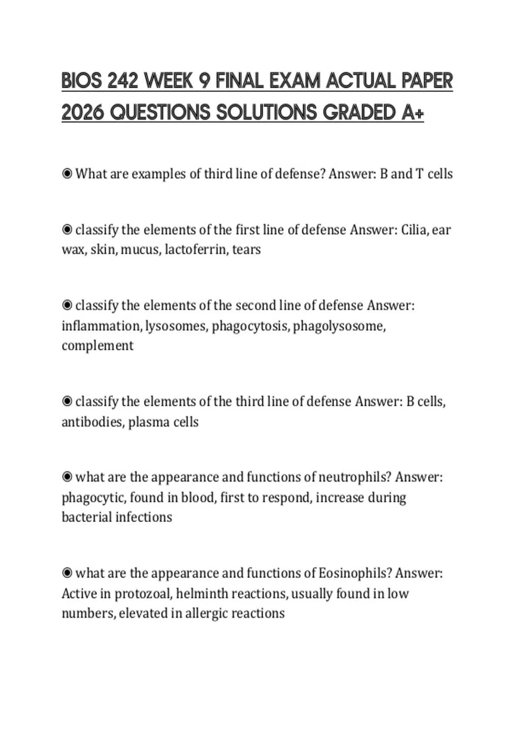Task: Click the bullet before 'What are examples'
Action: pos(67,174)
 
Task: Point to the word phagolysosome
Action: pos(339,326)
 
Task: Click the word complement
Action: pos(97,346)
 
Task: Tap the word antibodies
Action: pos(93,422)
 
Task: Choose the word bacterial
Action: pos(87,517)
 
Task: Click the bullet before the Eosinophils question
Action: pos(67,573)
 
